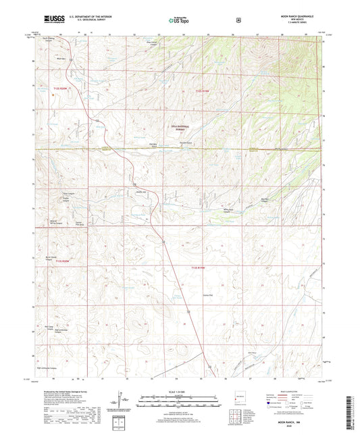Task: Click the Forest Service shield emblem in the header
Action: (x=238, y=20)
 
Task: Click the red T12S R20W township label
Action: (x=63, y=88)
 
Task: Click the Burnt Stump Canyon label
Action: (x=51, y=259)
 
